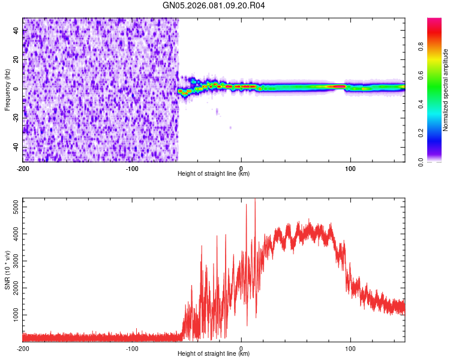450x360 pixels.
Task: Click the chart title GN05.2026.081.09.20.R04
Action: (214, 6)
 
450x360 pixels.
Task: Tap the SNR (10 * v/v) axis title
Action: (7, 270)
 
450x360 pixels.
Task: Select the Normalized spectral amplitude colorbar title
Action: (446, 90)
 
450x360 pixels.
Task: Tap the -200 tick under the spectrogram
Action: (23, 168)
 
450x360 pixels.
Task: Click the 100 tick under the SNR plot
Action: (350, 348)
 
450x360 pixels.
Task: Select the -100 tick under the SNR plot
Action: (132, 348)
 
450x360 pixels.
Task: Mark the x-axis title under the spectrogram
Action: (214, 174)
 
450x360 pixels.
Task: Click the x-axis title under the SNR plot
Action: (214, 354)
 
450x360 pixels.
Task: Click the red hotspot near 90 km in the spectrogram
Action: (339, 86)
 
